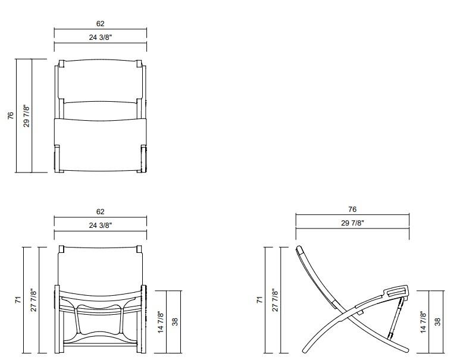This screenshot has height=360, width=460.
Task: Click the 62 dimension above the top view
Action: click(x=100, y=24)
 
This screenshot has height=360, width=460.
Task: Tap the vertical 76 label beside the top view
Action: click(x=10, y=116)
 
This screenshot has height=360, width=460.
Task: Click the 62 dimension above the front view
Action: click(x=100, y=211)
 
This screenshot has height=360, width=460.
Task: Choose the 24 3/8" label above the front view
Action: click(x=100, y=225)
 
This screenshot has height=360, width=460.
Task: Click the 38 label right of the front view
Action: click(x=175, y=321)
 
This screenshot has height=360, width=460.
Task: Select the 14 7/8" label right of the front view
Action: click(x=160, y=321)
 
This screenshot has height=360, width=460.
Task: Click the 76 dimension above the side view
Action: click(x=352, y=209)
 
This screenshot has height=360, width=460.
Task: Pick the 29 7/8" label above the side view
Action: click(x=352, y=223)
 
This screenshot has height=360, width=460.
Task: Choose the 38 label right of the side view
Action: click(x=438, y=321)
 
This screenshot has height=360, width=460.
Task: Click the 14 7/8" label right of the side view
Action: click(x=423, y=321)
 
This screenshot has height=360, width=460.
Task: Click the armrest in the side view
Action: click(x=396, y=291)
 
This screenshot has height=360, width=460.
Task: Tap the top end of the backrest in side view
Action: click(x=299, y=249)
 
